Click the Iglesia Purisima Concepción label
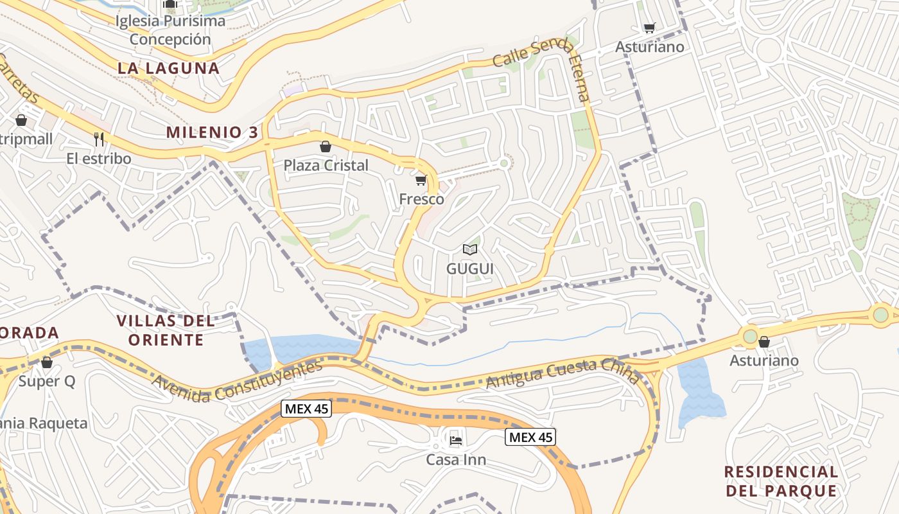(x=170, y=30)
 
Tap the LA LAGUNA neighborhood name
(x=168, y=67)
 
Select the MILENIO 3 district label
(x=212, y=132)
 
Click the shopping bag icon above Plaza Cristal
(x=326, y=146)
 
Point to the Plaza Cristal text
(x=326, y=165)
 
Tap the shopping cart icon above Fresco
(x=421, y=181)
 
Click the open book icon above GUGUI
(x=470, y=249)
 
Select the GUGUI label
(x=470, y=269)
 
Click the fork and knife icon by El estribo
(x=99, y=139)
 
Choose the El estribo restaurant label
(x=99, y=158)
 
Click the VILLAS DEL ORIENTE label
(x=166, y=330)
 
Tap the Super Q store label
(x=46, y=381)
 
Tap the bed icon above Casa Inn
(x=455, y=441)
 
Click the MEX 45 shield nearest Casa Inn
(x=530, y=438)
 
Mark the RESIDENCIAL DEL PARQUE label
(x=781, y=481)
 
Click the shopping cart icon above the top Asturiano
(x=650, y=28)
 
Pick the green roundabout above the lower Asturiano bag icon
(x=750, y=335)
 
